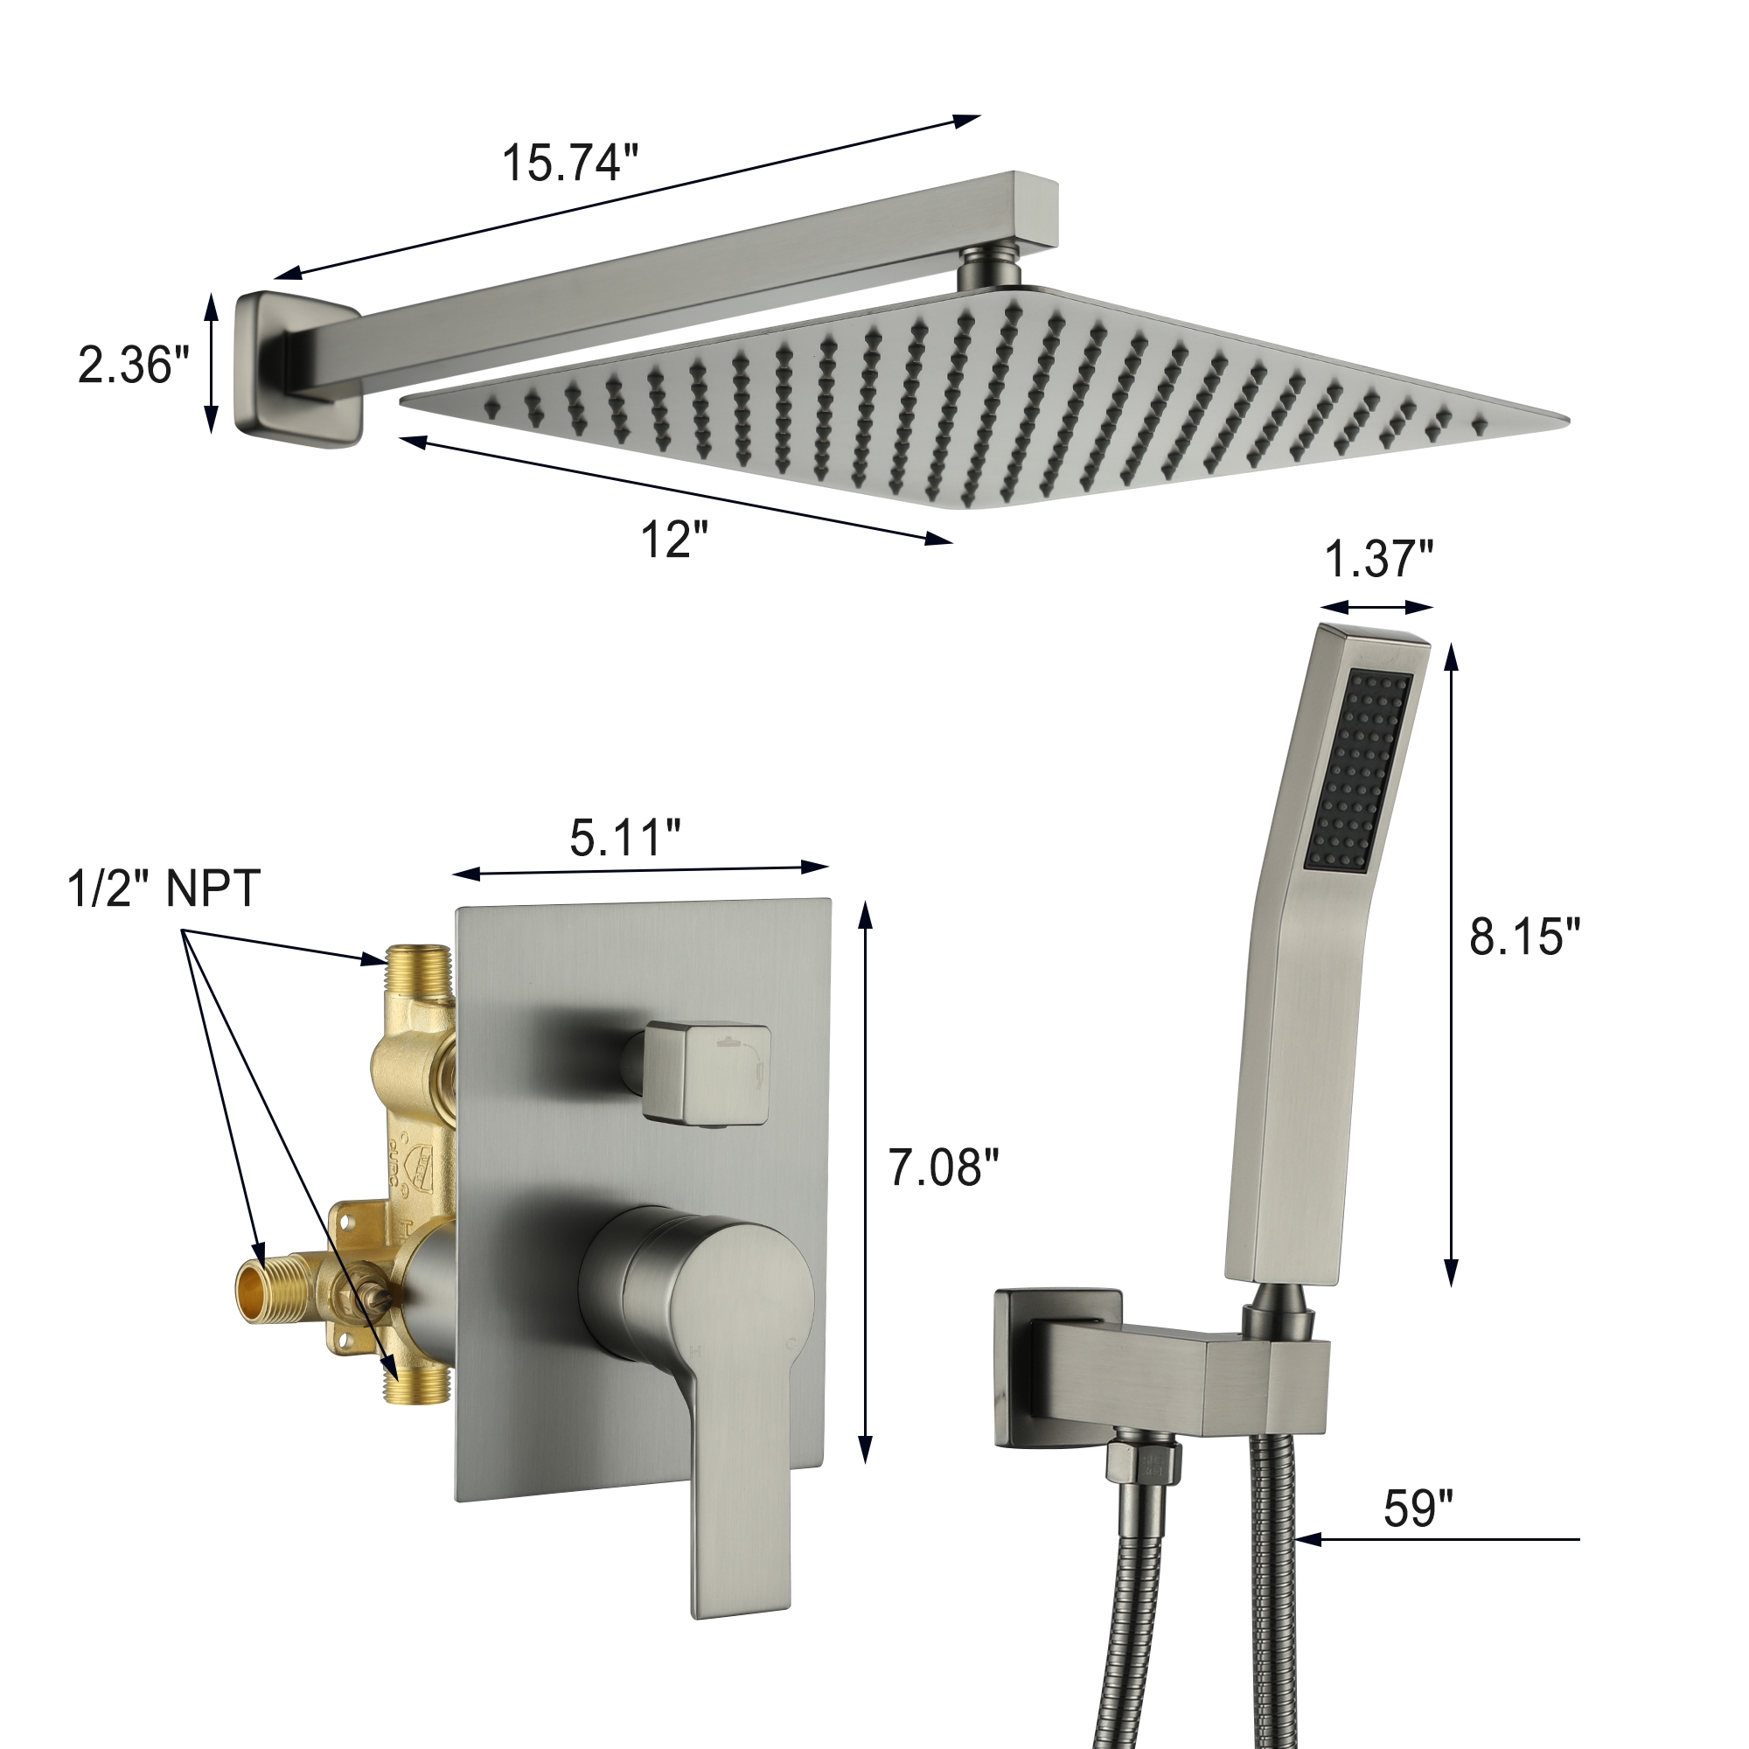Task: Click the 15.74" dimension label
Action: tap(569, 164)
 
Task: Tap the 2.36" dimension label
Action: tap(133, 365)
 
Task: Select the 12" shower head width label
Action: tap(673, 540)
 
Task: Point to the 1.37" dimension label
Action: tap(1379, 559)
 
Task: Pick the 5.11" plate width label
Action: tap(624, 838)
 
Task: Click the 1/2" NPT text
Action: tap(164, 888)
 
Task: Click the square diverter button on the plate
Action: tap(707, 1076)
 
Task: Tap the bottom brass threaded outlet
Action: tap(417, 1383)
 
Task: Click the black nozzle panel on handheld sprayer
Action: tap(1359, 771)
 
